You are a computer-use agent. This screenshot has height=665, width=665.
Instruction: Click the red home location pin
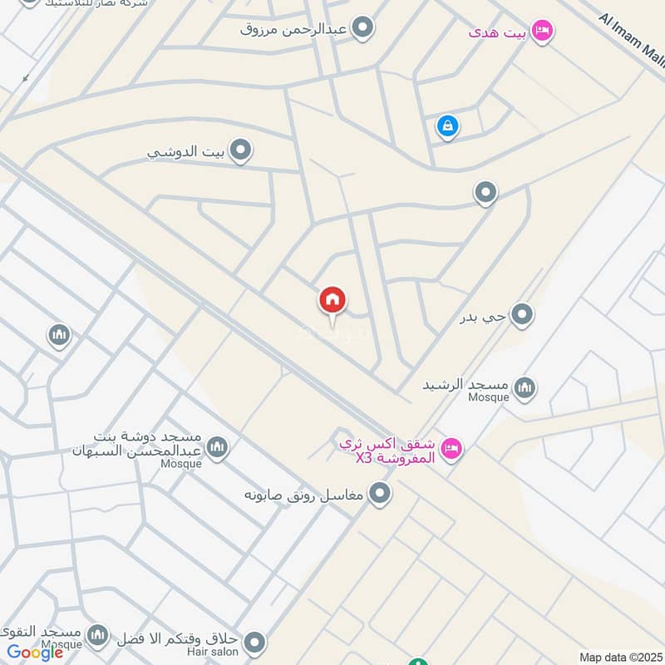pos(332,300)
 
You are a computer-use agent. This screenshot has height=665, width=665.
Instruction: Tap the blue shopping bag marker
pos(447,126)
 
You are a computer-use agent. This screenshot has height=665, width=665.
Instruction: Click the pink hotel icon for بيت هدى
pos(543,31)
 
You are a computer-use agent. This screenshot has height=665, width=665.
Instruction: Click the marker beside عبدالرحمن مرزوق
pos(362,30)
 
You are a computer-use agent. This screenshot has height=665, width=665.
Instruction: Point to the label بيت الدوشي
pos(187,152)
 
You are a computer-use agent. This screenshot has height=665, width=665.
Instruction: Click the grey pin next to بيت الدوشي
pos(241,150)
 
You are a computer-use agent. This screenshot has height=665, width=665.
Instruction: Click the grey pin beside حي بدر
pos(522,315)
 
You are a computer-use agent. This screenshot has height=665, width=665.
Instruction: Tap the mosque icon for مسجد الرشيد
pos(525,387)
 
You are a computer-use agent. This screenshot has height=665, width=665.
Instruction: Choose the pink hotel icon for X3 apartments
pos(451,448)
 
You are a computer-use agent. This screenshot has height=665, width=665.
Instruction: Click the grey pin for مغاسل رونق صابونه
pos(381,495)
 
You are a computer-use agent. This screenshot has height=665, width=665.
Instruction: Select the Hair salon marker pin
pos(254,642)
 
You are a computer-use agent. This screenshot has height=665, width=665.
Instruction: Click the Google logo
pos(36,653)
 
